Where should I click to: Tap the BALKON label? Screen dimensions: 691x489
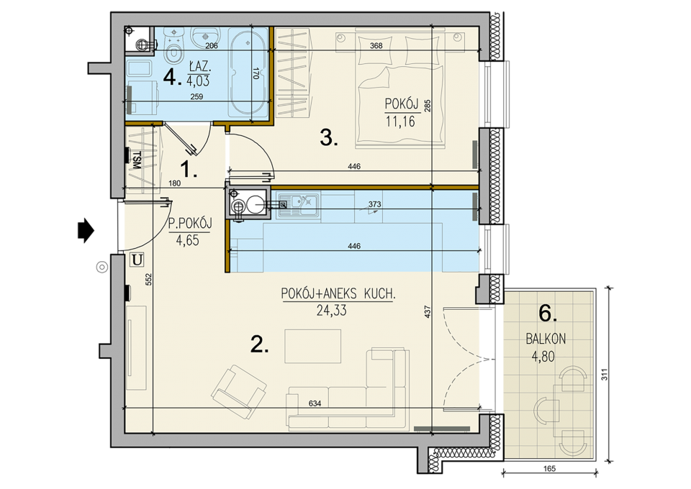(x=546, y=339)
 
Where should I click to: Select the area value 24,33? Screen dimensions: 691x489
(x=331, y=311)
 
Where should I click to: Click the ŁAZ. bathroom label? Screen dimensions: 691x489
(x=199, y=68)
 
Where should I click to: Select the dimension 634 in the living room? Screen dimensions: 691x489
(x=315, y=403)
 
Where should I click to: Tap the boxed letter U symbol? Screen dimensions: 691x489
(x=137, y=260)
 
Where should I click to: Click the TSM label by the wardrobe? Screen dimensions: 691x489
(x=136, y=160)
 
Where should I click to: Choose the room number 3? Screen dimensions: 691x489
(x=329, y=139)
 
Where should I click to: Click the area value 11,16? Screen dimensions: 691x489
(x=400, y=121)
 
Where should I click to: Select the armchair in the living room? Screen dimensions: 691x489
(x=238, y=391)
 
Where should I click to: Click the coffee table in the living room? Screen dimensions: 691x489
(x=313, y=347)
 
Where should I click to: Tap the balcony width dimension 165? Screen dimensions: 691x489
(x=549, y=468)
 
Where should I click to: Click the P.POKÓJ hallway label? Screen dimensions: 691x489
(x=190, y=224)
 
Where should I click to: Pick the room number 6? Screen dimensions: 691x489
(x=548, y=314)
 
